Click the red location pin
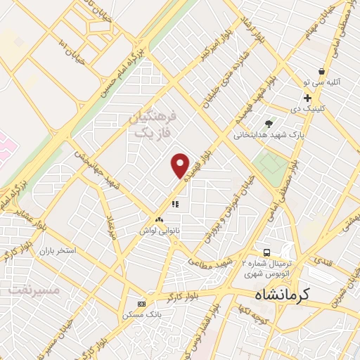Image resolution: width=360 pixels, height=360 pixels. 181,165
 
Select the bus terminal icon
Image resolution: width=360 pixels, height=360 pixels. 266,252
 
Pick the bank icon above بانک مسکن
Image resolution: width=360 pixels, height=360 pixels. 141,304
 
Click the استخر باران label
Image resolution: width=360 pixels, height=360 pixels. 56,250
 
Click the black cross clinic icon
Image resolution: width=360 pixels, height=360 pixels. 307,97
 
